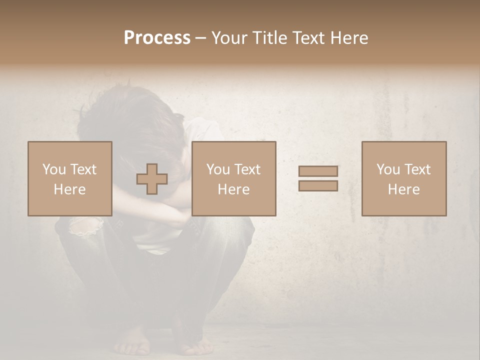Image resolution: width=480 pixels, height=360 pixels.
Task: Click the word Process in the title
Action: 157,38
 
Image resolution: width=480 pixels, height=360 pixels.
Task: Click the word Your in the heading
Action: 229,38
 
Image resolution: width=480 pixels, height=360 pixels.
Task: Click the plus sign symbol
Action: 152,179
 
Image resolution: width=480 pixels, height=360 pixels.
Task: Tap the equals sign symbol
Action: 318,178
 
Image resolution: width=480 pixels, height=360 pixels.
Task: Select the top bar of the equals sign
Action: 318,171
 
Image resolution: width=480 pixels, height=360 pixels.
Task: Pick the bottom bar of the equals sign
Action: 318,186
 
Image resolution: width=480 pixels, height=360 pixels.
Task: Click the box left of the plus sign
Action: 70,178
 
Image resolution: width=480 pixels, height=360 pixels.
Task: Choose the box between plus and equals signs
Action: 234,178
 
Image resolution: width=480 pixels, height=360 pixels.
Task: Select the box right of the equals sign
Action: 404,178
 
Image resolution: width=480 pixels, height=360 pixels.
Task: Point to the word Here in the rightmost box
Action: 404,189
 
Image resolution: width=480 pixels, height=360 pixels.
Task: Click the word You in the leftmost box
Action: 53,169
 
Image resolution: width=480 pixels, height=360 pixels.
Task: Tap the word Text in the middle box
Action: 247,169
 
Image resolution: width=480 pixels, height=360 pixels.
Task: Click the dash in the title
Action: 201,38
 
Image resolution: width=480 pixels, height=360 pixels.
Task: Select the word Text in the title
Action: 309,38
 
